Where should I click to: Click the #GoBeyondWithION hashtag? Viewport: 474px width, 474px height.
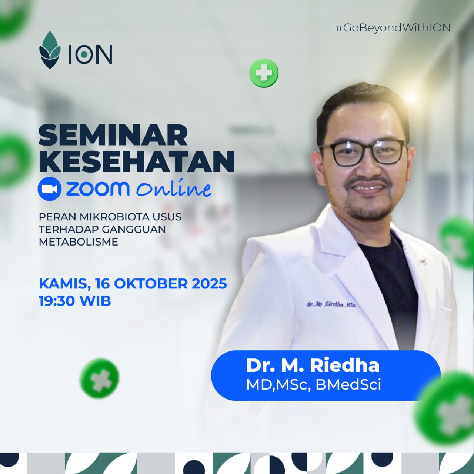(x=393, y=28)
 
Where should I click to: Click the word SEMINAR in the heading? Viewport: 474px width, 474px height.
(x=113, y=136)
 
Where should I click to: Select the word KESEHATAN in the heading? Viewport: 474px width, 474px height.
(x=137, y=161)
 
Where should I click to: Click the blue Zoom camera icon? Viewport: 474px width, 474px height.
(x=50, y=188)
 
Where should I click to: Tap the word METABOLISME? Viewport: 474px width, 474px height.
(x=79, y=242)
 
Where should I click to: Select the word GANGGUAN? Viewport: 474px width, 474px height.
(x=134, y=230)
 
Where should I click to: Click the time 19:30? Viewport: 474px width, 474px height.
(x=54, y=301)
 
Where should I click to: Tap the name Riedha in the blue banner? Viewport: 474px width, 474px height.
(x=345, y=365)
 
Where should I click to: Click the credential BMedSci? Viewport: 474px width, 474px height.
(x=348, y=385)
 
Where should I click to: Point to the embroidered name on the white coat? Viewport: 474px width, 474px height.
(x=331, y=304)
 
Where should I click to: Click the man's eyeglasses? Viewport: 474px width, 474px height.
(x=364, y=153)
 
